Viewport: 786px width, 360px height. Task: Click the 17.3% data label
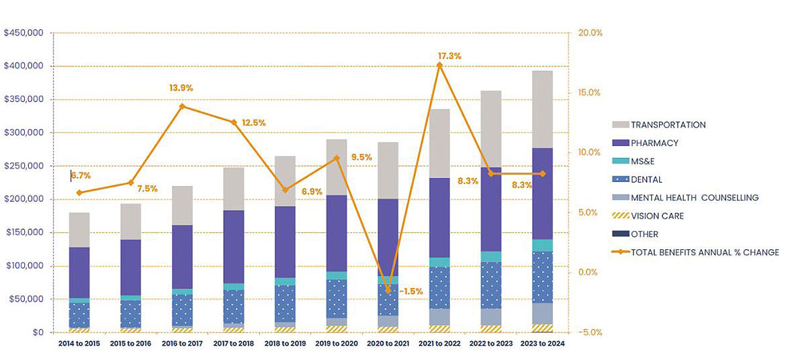tap(449, 56)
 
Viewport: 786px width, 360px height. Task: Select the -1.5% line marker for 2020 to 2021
tap(388, 290)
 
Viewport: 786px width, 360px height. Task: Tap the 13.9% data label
tap(181, 88)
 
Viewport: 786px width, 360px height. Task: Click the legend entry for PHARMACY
tap(654, 143)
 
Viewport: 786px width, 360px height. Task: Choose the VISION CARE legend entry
tap(657, 216)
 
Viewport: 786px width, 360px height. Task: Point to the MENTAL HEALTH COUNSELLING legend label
tap(695, 198)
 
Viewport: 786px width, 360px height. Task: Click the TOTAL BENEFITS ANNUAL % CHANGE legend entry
tap(705, 253)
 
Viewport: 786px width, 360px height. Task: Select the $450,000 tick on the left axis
tap(24, 33)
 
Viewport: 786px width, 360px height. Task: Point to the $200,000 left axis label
tap(24, 166)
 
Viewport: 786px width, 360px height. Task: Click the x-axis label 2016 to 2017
tap(182, 344)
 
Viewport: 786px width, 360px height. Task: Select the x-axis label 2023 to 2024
tap(543, 344)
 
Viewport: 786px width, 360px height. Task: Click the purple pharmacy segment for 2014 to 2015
tap(79, 272)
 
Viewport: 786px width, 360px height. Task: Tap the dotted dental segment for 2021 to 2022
tap(439, 287)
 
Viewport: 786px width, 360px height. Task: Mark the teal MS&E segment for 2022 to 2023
tap(491, 257)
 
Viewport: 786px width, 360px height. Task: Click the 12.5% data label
tap(253, 123)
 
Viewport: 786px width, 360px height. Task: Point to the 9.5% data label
tap(361, 158)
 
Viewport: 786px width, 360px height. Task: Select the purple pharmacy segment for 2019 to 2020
tap(336, 233)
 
